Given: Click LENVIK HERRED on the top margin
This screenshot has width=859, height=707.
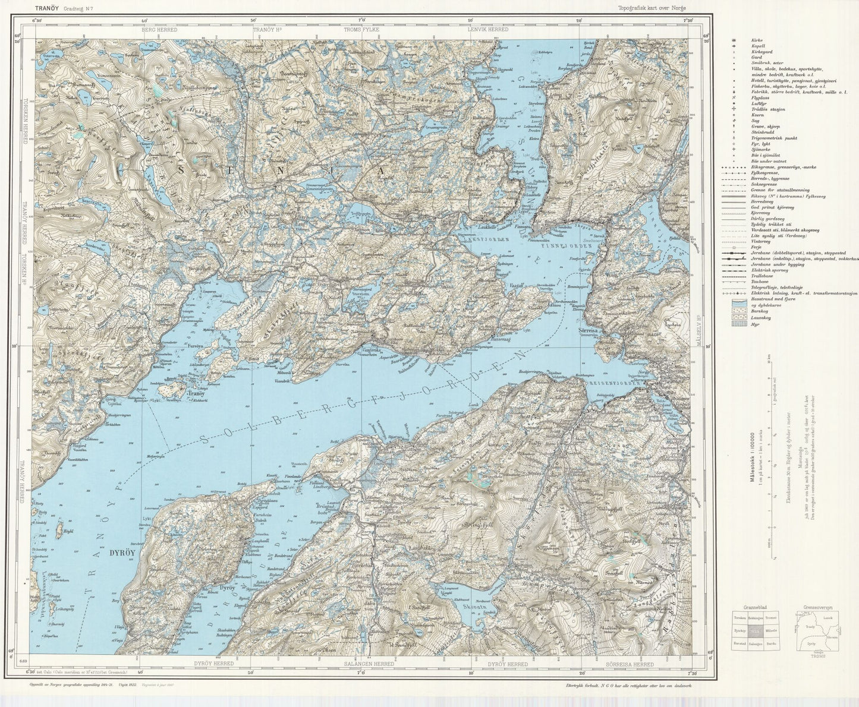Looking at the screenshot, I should (487, 29).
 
